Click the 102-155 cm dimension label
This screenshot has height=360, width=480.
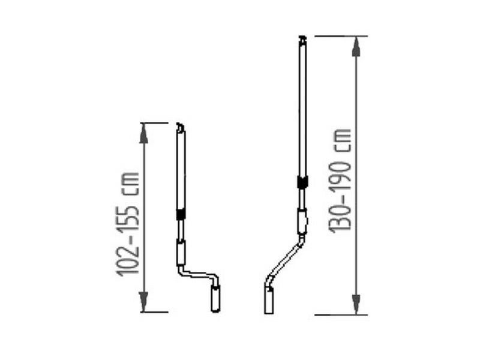(127, 224)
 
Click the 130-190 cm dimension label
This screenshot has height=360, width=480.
(339, 181)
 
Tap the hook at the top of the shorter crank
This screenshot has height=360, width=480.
(181, 127)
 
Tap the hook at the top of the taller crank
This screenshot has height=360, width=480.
(302, 40)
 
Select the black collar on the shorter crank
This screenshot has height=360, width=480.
(181, 214)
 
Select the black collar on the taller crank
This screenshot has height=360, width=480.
(303, 182)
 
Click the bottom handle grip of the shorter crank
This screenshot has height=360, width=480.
(215, 299)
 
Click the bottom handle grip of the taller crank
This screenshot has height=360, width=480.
(269, 301)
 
